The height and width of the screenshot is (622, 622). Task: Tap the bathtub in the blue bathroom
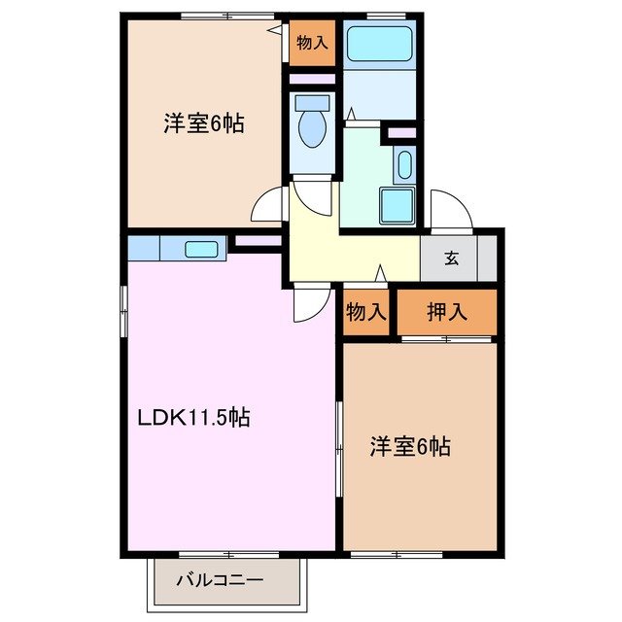[380, 43]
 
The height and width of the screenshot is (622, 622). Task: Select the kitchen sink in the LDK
[202, 249]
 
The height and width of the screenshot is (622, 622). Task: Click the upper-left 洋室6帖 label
[202, 123]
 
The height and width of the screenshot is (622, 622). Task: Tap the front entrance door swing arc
[449, 209]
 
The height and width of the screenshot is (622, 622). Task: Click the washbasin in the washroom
[404, 164]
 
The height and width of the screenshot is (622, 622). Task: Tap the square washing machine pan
[397, 206]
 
